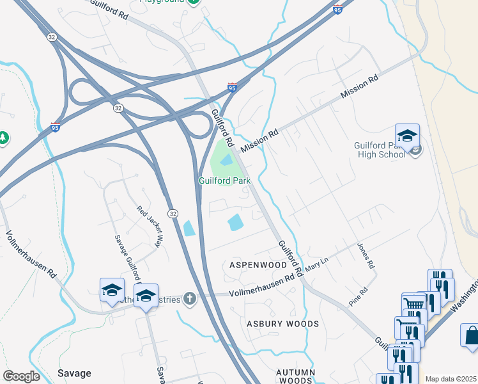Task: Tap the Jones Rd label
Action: click(x=365, y=256)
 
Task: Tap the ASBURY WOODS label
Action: click(x=283, y=324)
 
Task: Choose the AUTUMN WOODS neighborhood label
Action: click(x=296, y=376)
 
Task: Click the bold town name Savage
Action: click(x=74, y=373)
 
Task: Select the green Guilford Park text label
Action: click(x=224, y=181)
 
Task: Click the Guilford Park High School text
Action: click(x=380, y=149)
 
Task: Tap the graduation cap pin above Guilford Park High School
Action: click(x=407, y=136)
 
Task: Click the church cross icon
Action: click(x=189, y=298)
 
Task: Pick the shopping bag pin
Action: click(x=472, y=335)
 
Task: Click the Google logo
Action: click(x=21, y=376)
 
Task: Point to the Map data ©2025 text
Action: click(x=451, y=379)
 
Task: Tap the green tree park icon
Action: click(x=3, y=138)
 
